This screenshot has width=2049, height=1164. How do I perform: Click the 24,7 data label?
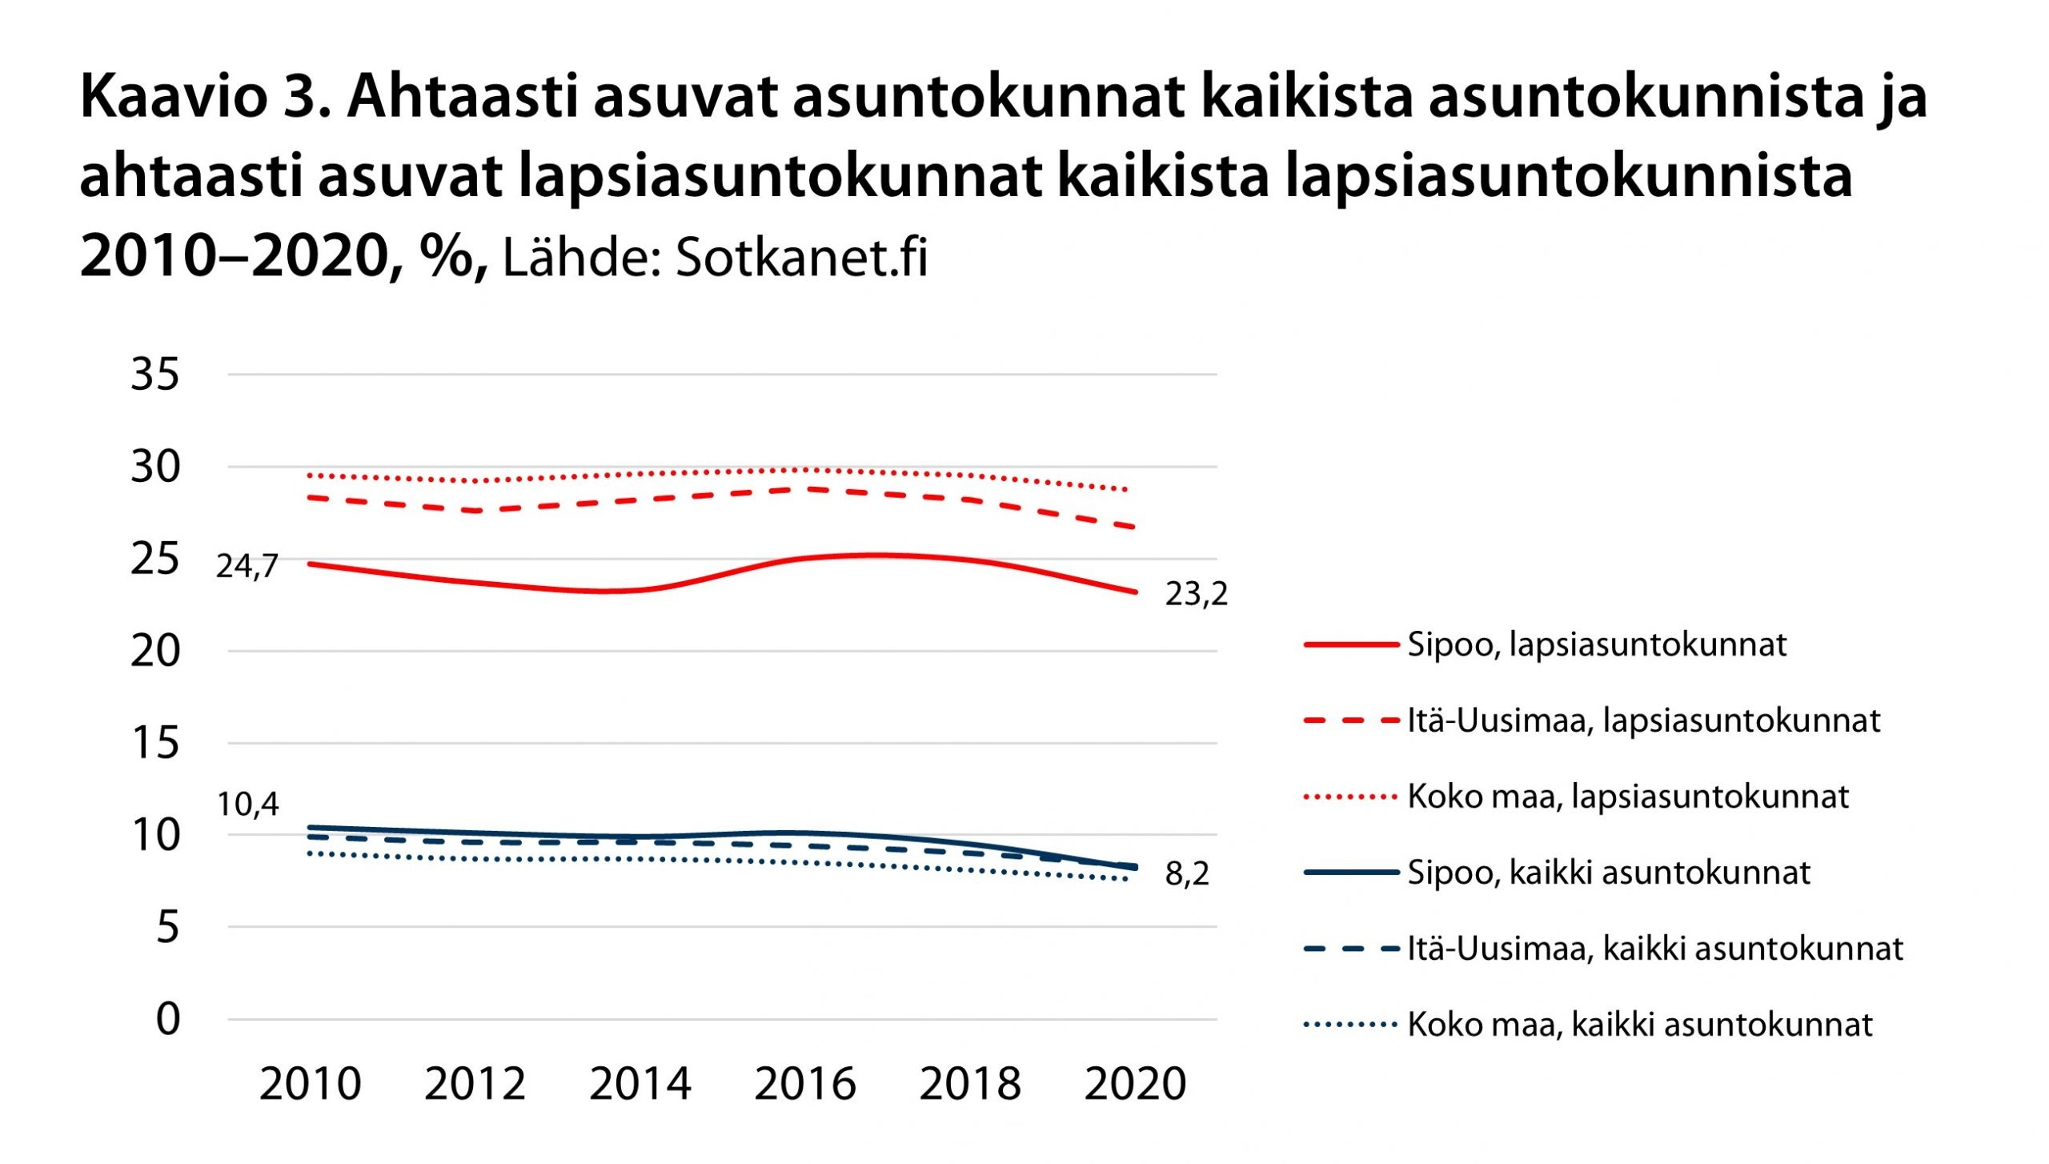[x=247, y=567]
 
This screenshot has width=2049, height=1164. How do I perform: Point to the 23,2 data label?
[x=1196, y=595]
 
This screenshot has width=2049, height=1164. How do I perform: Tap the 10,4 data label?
[x=247, y=805]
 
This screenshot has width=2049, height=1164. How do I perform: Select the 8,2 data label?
[x=1187, y=874]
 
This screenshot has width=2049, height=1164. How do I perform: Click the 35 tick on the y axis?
[x=155, y=375]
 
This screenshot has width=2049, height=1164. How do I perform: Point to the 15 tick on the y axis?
[x=155, y=744]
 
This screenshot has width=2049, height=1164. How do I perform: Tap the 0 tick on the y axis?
[x=168, y=1020]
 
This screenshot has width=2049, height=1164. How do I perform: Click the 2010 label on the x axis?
[x=311, y=1085]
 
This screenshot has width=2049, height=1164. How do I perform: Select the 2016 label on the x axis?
[x=805, y=1085]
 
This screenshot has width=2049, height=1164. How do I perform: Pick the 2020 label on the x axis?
[x=1135, y=1085]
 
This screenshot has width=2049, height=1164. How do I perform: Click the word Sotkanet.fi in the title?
[x=801, y=258]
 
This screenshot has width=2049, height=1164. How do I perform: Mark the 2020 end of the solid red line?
[x=1135, y=592]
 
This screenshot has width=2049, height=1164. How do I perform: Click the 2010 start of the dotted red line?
[x=311, y=476]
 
